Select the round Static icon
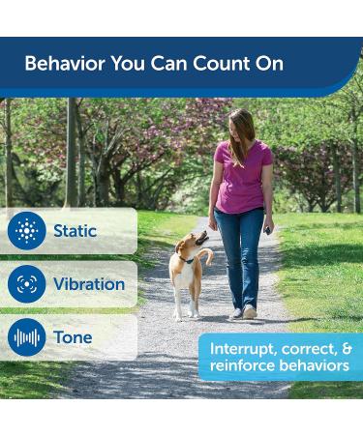26,231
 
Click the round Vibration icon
26,284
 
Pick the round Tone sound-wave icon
26,337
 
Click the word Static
76,231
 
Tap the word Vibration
89,284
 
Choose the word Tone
73,337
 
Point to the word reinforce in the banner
241,366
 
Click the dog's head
197,239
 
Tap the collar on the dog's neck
185,259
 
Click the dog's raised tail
206,255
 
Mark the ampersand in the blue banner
345,348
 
